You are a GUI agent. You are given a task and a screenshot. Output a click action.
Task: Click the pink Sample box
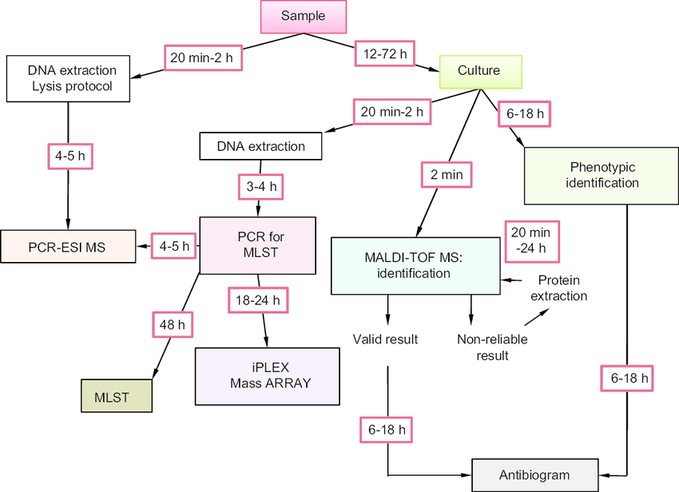[304, 17]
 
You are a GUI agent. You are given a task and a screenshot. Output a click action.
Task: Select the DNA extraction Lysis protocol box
[69, 78]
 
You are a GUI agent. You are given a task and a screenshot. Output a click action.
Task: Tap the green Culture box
[479, 70]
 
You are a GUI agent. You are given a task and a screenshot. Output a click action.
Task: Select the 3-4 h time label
[261, 186]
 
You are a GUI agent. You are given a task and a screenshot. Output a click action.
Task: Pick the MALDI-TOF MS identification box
[415, 266]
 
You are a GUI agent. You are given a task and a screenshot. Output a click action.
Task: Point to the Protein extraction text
[562, 288]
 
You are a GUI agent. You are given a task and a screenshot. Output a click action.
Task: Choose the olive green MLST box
[116, 395]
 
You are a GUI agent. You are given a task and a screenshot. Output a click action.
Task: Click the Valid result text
[385, 339]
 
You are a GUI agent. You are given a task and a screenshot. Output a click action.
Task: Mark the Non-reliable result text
[492, 347]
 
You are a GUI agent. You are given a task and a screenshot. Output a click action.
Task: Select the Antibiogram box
[534, 474]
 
